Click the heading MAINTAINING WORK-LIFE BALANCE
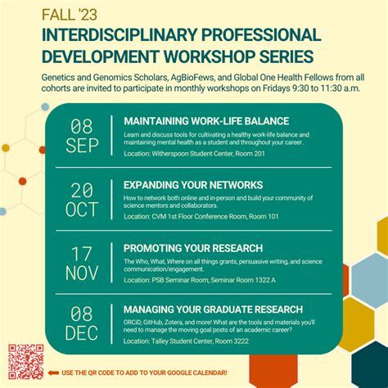195,120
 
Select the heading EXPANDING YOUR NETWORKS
193,184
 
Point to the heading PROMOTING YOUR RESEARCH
193,247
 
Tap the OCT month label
82,210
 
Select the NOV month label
82,273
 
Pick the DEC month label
82,333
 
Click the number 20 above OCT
82,189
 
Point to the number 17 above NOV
82,252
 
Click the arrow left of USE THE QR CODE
54,373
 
